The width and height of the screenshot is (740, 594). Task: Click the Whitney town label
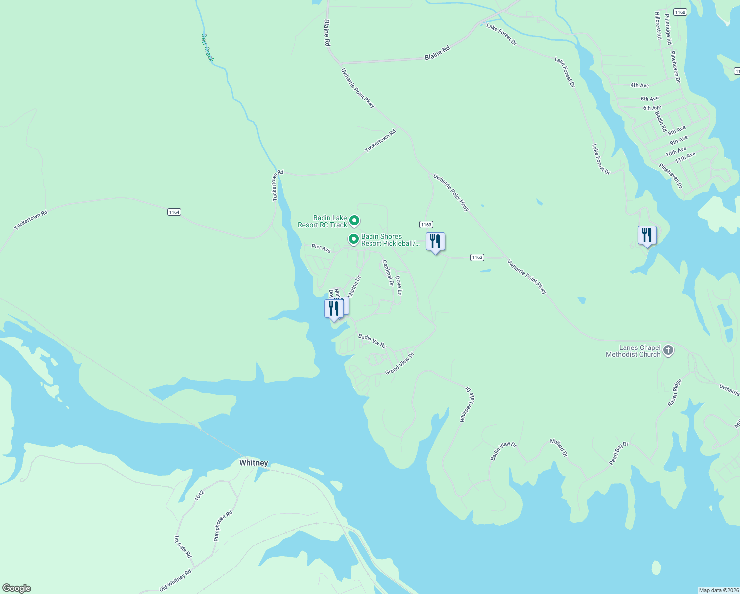pos(253,463)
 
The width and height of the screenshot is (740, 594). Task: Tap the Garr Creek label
pos(207,48)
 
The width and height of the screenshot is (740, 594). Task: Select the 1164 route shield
pos(174,212)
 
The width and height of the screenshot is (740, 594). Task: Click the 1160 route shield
pos(680,12)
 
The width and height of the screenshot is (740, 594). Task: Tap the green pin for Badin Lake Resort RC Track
pos(354,220)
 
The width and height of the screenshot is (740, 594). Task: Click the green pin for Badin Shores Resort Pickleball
pos(353,239)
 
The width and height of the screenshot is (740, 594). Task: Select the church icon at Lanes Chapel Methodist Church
pos(668,350)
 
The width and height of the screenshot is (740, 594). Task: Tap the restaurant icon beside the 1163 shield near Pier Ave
pos(435,242)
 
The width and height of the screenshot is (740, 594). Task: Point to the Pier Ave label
pos(321,248)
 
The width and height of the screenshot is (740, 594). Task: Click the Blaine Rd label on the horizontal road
pos(437,53)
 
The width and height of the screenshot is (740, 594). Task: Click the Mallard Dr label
pos(559,447)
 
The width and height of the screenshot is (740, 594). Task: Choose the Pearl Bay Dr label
pos(618,453)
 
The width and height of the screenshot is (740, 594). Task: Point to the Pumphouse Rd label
pos(223,526)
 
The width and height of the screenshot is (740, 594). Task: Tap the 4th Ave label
pos(639,85)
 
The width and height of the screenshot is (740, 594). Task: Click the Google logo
pos(16,588)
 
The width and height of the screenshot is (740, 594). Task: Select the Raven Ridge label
pos(675,393)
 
